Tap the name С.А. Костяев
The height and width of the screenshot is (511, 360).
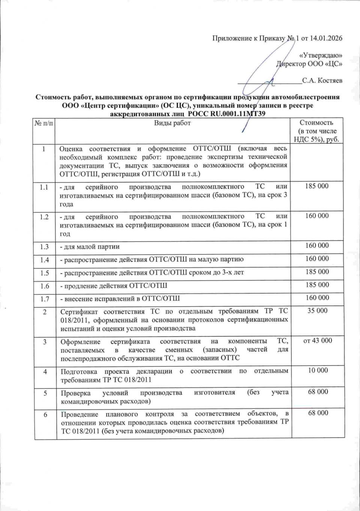click(322, 80)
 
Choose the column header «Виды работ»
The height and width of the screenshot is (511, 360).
click(172, 123)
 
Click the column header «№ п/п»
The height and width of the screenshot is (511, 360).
click(44, 123)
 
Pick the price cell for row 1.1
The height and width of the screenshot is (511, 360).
click(317, 186)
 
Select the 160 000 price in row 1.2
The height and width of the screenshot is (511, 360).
click(317, 216)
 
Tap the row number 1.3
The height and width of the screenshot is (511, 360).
click(44, 246)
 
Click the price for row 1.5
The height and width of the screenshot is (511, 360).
click(317, 271)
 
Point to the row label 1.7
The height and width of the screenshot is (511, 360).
click(44, 298)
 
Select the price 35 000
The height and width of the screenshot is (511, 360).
click(317, 311)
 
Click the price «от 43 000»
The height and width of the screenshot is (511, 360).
click(317, 340)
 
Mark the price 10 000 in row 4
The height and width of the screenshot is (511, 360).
click(318, 370)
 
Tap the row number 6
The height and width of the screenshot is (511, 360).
click(45, 414)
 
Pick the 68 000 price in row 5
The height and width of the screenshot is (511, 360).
click(318, 392)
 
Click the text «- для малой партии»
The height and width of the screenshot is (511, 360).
click(90, 246)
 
